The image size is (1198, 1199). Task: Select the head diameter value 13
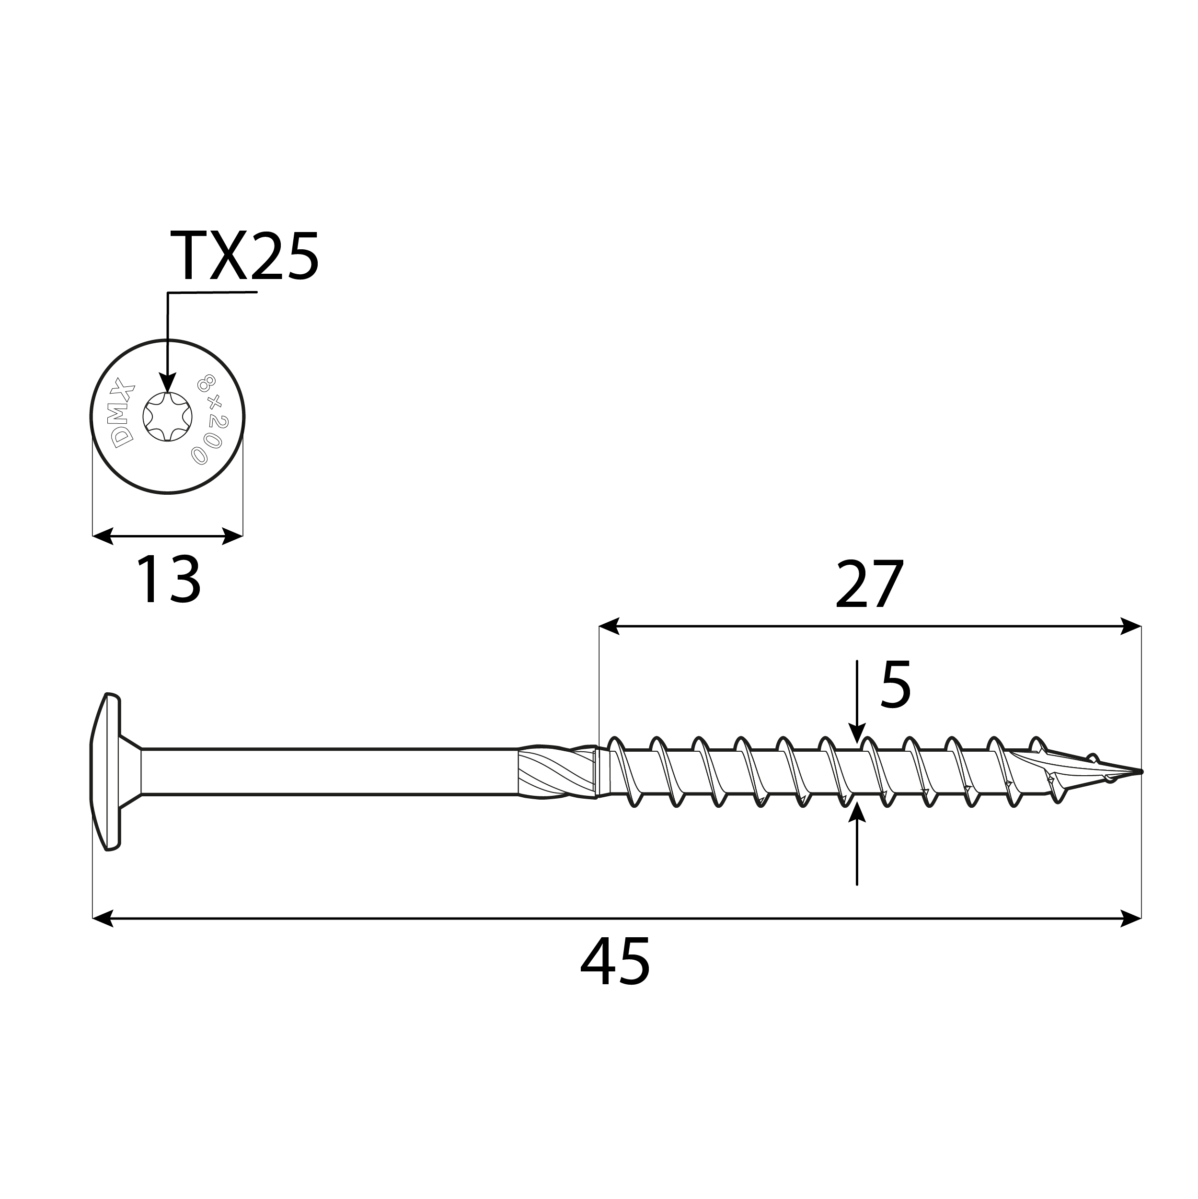pos(168,580)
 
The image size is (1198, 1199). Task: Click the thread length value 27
pos(869,585)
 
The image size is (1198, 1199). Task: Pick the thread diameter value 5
pos(895,685)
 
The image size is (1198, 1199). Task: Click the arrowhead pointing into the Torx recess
pos(168,383)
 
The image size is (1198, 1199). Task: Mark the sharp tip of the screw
pos(1140,772)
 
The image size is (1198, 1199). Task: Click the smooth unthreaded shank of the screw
pos(329,772)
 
